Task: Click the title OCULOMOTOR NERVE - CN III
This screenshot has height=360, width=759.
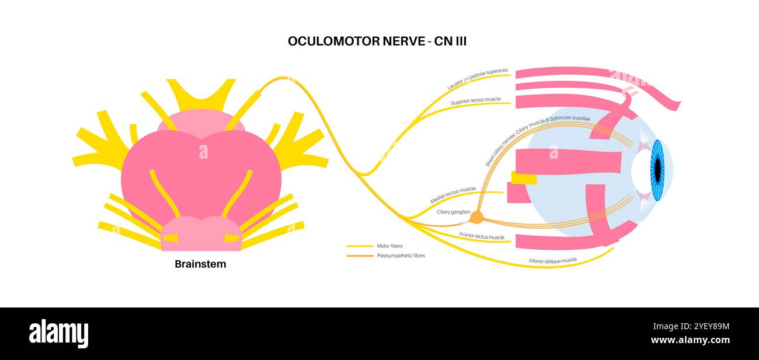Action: point(377,41)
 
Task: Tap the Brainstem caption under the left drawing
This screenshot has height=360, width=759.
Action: point(200,264)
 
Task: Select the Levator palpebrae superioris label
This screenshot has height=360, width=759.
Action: point(478,79)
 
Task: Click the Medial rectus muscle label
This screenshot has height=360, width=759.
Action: point(452,195)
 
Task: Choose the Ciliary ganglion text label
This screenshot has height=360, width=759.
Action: point(453,212)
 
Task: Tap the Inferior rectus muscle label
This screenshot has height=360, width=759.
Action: point(482,236)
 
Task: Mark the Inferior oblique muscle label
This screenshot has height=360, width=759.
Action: point(552,260)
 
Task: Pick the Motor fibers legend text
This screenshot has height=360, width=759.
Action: point(389,246)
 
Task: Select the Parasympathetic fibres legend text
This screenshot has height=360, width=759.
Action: point(401,256)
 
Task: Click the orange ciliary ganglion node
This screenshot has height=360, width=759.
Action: point(477,218)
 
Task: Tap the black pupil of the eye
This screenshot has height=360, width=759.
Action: point(657,170)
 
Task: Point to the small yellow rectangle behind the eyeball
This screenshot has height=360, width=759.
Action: point(524,178)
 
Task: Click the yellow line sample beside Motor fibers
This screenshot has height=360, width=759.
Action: point(360,246)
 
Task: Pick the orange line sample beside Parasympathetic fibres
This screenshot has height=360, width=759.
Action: point(360,256)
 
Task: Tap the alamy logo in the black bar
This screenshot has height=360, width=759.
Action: point(58,333)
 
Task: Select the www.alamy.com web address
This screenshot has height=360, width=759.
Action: point(690,340)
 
